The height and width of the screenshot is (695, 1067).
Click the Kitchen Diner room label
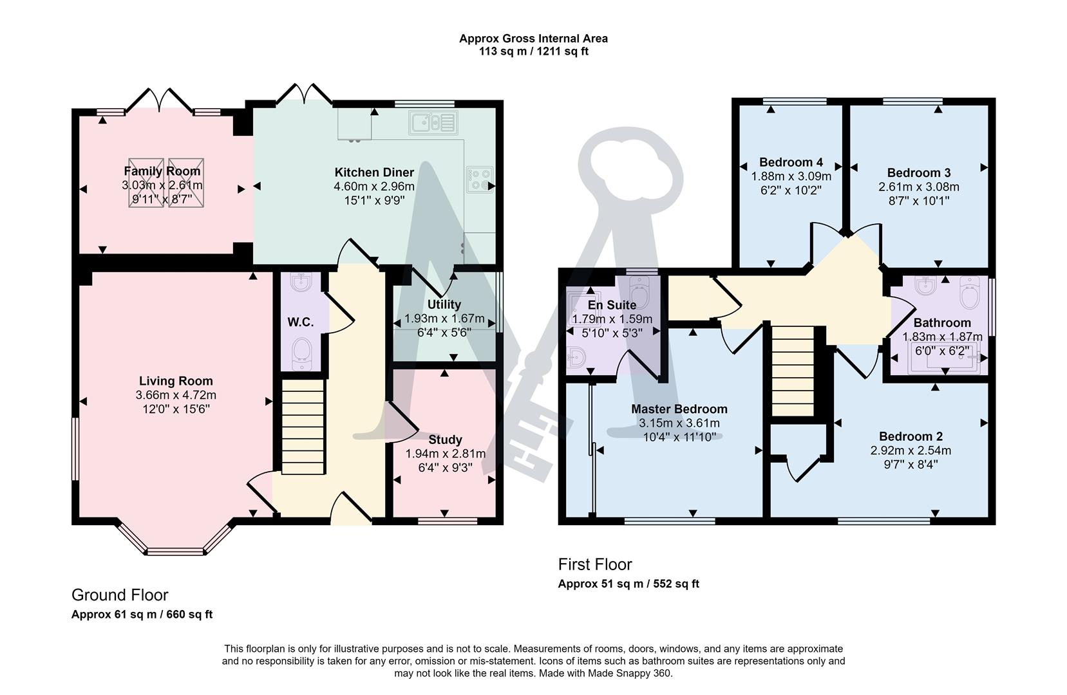374,172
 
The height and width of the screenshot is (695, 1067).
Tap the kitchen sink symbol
433,122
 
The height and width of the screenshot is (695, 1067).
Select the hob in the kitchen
480,179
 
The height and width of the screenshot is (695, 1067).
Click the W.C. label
300,322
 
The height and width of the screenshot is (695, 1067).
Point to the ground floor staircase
303,427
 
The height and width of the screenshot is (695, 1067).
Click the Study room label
445,440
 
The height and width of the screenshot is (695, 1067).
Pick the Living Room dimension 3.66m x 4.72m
176,395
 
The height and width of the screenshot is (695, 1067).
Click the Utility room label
444,304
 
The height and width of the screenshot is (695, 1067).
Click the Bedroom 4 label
791,162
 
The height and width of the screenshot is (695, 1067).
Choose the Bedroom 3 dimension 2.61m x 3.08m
919,187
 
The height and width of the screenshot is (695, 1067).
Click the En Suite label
612,305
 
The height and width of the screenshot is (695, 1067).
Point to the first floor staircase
793,371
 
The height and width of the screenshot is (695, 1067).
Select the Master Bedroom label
679,409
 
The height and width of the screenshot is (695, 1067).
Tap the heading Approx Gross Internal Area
533,39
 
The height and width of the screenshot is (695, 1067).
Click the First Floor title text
595,564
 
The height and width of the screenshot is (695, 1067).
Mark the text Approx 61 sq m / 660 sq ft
142,615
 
